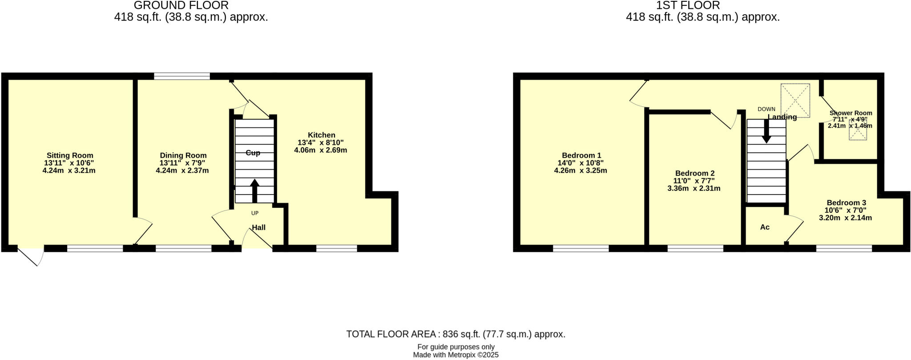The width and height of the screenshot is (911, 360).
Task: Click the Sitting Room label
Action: click(70, 155)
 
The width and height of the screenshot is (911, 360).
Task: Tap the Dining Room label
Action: click(183, 155)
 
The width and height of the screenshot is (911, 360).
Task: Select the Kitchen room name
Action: click(321, 135)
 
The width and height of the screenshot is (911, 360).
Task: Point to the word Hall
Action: click(258, 227)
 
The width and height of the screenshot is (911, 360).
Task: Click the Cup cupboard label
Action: click(253, 153)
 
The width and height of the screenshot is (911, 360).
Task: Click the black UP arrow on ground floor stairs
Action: click(254, 190)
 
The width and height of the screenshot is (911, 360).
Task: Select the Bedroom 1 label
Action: click(581, 155)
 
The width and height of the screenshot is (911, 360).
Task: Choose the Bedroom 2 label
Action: click(694, 173)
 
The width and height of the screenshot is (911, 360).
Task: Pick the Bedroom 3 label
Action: click(846, 202)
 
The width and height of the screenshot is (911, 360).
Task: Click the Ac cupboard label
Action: click(765, 227)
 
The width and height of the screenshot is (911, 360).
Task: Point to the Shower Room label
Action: click(851, 113)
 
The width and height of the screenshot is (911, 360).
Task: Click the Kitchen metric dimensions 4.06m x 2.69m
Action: click(320, 150)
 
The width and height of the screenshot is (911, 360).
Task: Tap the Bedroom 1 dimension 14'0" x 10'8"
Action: click(580, 163)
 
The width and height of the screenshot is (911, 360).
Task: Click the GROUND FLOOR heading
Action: click(181, 5)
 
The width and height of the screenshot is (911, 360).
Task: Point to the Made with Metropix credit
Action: click(455, 355)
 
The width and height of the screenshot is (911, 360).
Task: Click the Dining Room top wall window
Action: click(182, 76)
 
